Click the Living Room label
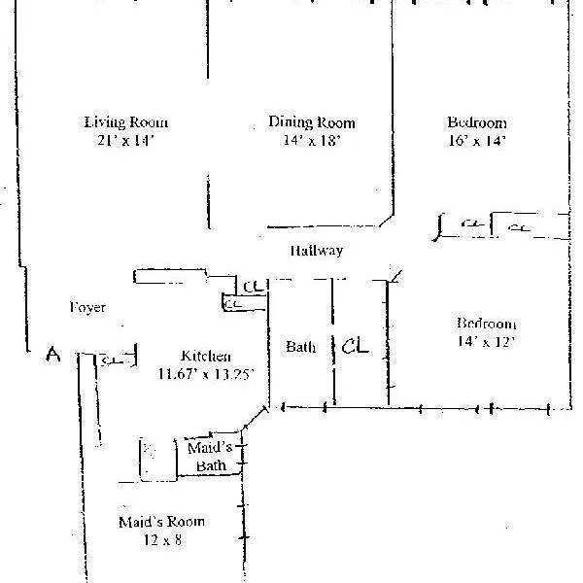coord(126,122)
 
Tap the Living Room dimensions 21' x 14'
coord(126,140)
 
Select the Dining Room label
coord(311,122)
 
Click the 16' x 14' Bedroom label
coord(476,122)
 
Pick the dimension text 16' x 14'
coord(476,140)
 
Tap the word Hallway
coord(317,251)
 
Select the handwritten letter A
coord(54,357)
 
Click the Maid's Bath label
coord(210,457)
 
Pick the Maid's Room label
coord(161,521)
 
